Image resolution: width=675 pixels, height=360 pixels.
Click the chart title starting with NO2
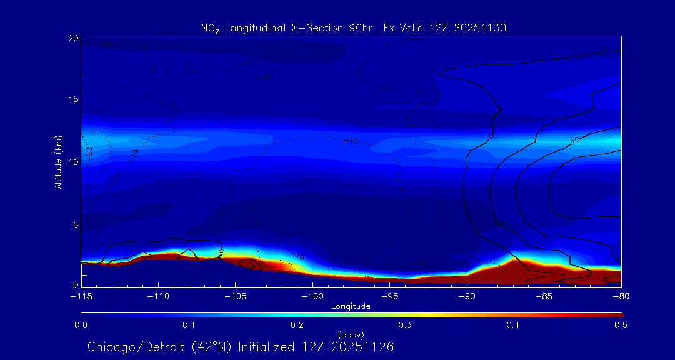[352, 27]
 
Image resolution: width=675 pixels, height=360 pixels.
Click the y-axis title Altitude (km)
[59, 162]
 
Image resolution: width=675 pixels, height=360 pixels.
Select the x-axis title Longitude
[351, 306]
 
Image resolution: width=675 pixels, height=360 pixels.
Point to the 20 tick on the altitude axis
[72, 39]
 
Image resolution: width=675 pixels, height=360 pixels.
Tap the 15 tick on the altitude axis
[72, 100]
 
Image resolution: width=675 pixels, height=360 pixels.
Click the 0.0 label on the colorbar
[81, 325]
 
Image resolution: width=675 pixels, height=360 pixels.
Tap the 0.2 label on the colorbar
[297, 325]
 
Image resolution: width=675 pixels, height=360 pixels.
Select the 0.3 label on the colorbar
[405, 325]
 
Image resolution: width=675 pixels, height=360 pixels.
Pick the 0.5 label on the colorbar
[621, 325]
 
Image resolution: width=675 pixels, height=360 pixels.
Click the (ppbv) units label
[351, 334]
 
